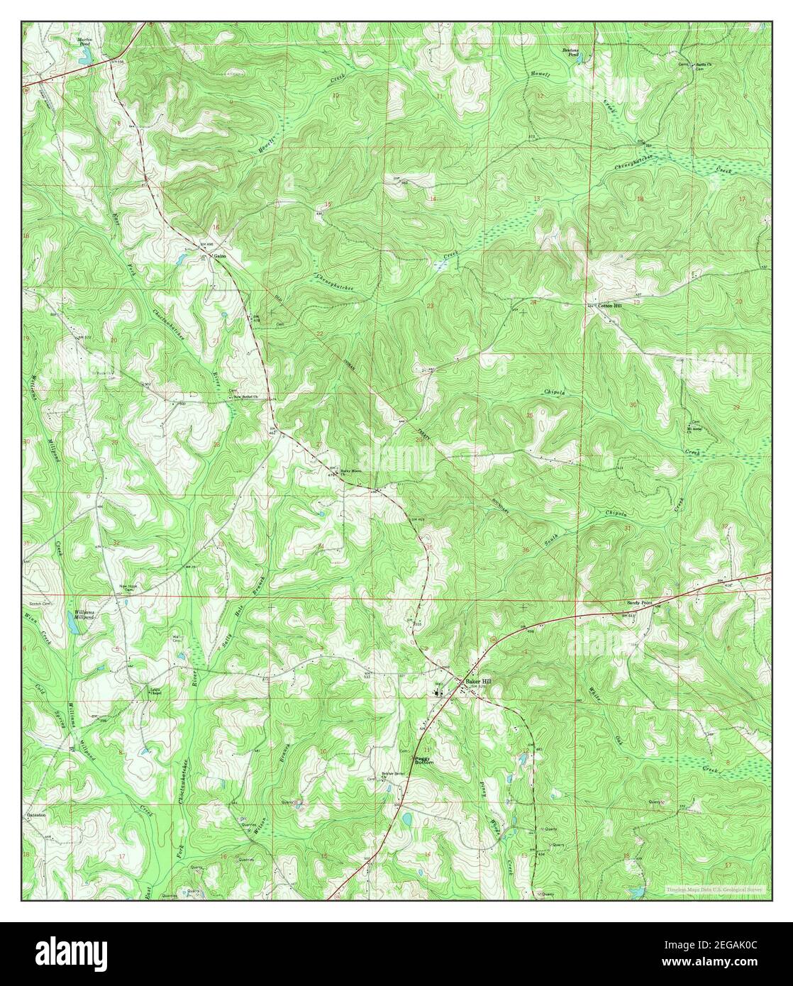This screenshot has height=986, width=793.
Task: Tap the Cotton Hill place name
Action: tap(608, 306)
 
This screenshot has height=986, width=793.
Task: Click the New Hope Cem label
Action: tap(128, 588)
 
